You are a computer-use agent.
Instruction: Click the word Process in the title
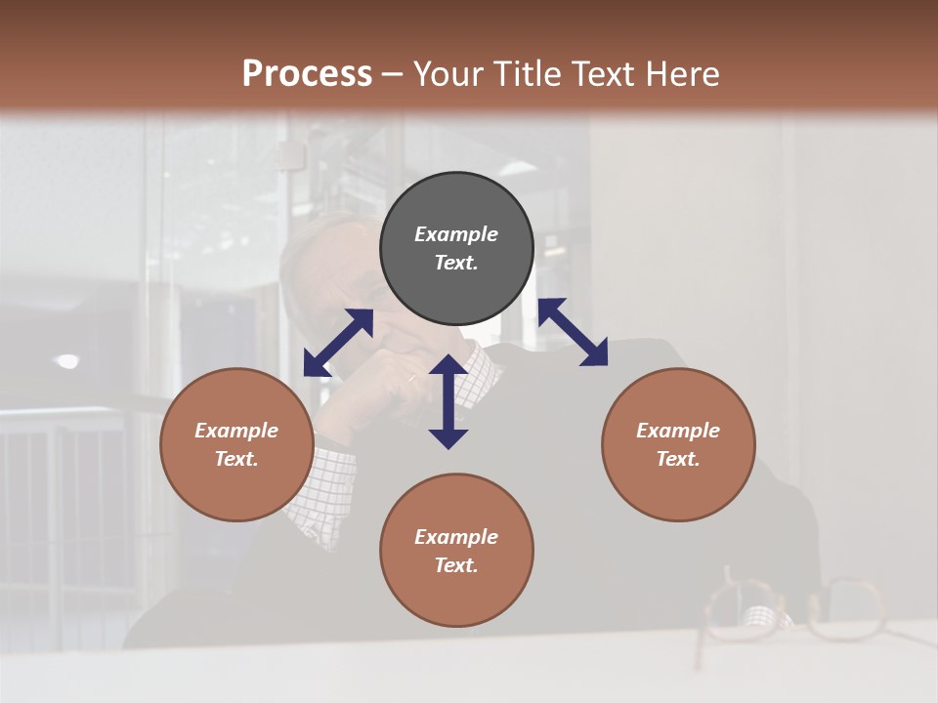coord(307,73)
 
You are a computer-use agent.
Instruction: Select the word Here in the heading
coord(683,73)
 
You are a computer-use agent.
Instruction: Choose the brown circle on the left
coord(236,444)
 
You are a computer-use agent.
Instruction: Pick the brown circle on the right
coord(678,444)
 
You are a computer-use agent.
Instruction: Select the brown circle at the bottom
coord(456,551)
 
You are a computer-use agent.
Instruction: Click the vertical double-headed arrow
coord(448,401)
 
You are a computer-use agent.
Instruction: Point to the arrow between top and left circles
coord(338,343)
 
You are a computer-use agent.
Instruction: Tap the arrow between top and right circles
coord(573,332)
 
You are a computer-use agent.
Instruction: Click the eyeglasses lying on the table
coord(791,610)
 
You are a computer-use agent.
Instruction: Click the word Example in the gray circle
coord(456,234)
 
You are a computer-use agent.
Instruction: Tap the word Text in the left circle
coord(236,459)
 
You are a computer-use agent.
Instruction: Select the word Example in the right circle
coord(678,431)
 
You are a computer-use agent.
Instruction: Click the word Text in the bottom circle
coord(456,565)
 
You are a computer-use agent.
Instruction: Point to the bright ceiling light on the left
coord(66,361)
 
